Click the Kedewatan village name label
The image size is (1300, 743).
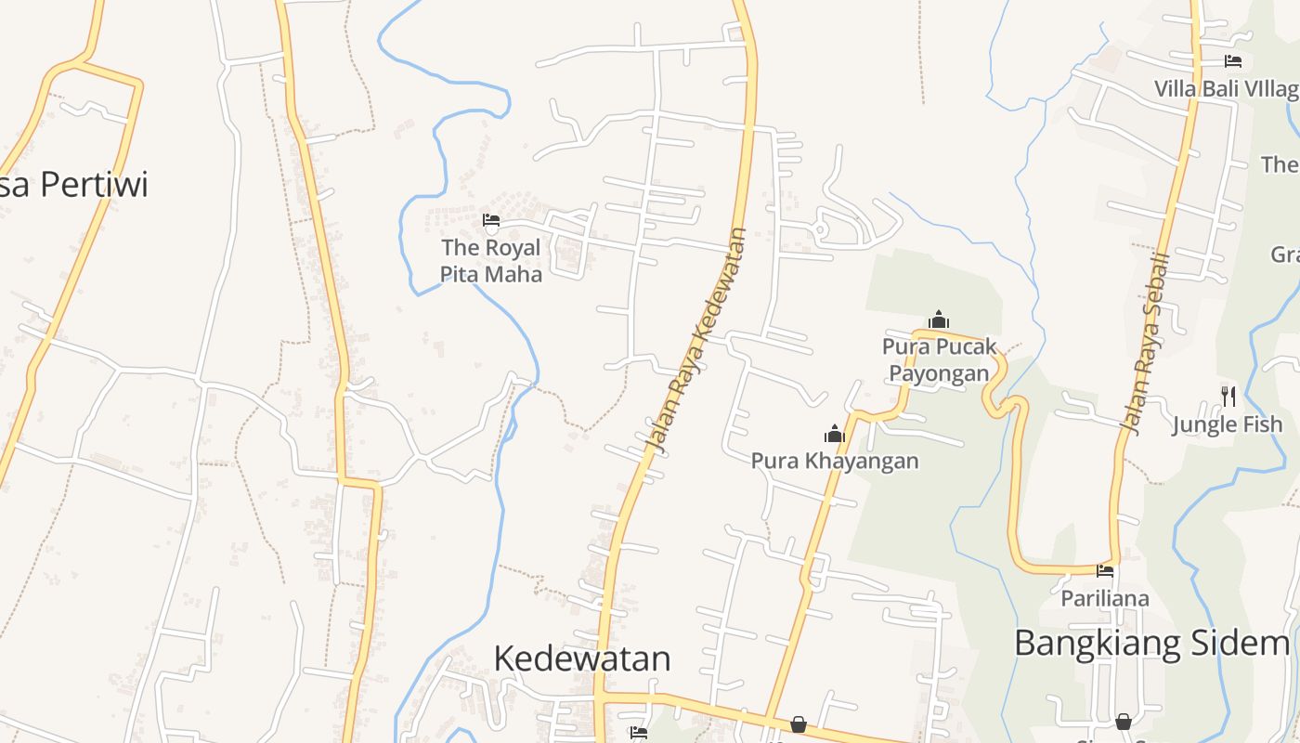pyautogui.click(x=582, y=658)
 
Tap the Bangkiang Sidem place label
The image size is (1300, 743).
pyautogui.click(x=1151, y=643)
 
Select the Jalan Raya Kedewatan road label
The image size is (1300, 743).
pyautogui.click(x=698, y=340)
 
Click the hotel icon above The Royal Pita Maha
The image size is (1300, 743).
pyautogui.click(x=491, y=220)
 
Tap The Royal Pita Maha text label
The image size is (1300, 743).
pyautogui.click(x=491, y=261)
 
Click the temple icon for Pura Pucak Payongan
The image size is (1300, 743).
pyautogui.click(x=939, y=320)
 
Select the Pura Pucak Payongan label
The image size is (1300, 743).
pyautogui.click(x=939, y=359)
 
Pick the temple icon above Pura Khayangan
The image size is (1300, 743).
pyautogui.click(x=834, y=434)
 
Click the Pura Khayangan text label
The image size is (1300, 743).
pyautogui.click(x=834, y=461)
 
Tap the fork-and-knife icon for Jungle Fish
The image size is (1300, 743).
pyautogui.click(x=1228, y=397)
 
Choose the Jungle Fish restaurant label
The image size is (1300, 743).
pyautogui.click(x=1227, y=425)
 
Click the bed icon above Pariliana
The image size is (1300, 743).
pyautogui.click(x=1105, y=570)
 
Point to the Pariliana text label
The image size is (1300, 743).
pyautogui.click(x=1105, y=598)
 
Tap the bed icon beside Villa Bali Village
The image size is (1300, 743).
pyautogui.click(x=1233, y=61)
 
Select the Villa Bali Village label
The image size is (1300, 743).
pyautogui.click(x=1226, y=89)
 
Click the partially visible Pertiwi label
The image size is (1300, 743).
pyautogui.click(x=74, y=185)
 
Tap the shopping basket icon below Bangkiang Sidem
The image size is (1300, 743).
pyautogui.click(x=1124, y=721)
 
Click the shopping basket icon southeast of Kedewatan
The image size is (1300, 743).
pyautogui.click(x=798, y=723)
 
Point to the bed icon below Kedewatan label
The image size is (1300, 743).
pyautogui.click(x=638, y=733)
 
